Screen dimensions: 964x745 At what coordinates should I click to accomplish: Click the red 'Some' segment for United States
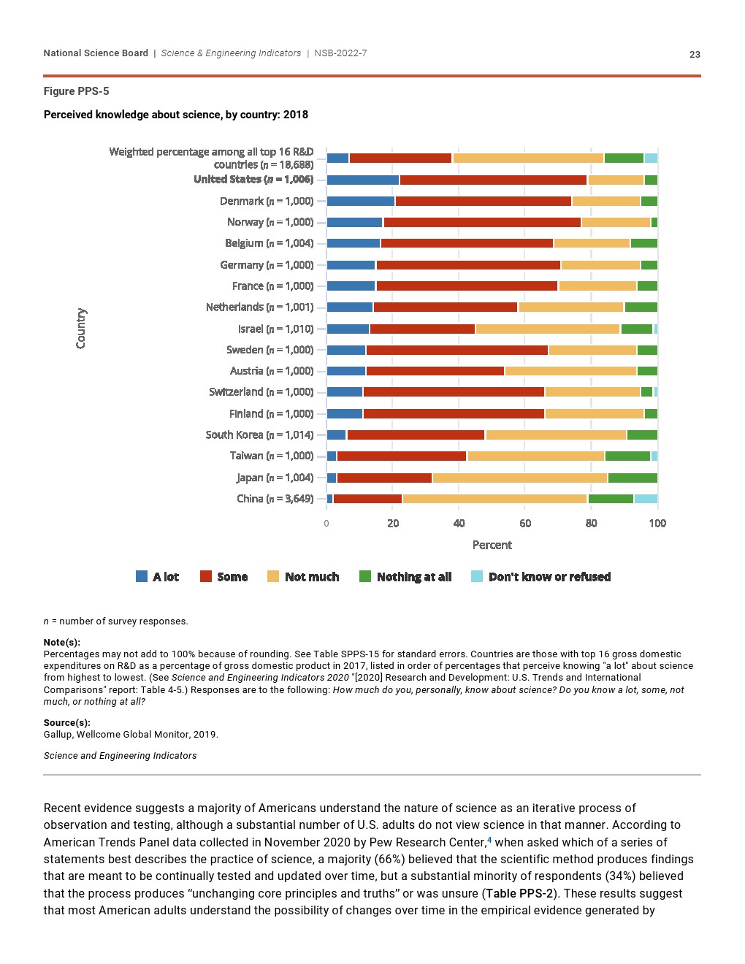coord(493,180)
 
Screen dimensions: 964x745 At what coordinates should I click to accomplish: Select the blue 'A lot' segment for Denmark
coord(361,201)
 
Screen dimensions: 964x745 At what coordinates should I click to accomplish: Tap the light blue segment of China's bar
coord(646,499)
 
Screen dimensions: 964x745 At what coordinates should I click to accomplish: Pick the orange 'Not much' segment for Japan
coord(519,478)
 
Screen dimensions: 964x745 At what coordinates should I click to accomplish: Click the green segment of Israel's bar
coord(636,329)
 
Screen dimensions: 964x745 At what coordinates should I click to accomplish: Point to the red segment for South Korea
coord(416,435)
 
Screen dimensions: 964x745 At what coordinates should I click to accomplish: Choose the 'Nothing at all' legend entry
coord(405,577)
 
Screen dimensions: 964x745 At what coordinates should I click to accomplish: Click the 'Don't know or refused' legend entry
coord(541,577)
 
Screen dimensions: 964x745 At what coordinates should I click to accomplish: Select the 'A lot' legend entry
coord(158,577)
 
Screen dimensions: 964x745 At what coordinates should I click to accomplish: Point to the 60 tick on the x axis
coord(525,523)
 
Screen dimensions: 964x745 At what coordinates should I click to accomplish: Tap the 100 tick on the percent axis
coord(657,523)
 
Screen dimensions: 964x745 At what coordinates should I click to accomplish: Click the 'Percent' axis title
coord(492,545)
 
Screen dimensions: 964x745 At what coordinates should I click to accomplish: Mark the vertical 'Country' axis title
coord(81,328)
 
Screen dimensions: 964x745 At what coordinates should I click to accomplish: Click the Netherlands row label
coord(259,307)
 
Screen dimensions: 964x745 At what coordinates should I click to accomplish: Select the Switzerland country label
coord(261,392)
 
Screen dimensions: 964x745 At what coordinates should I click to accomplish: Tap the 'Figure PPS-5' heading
coord(76,91)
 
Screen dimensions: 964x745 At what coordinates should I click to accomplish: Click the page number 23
coord(695,54)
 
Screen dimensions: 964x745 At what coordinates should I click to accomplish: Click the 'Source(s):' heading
coord(66,723)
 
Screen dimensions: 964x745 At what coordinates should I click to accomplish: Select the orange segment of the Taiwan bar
coord(535,456)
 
